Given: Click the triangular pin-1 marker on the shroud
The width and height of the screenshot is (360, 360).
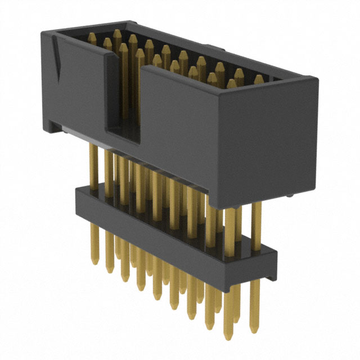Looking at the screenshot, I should click(x=57, y=58).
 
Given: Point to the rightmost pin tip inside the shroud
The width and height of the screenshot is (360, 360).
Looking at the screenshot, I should click(x=258, y=79).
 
